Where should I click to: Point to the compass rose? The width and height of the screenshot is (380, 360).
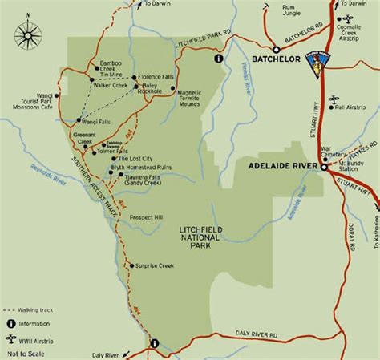30,34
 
